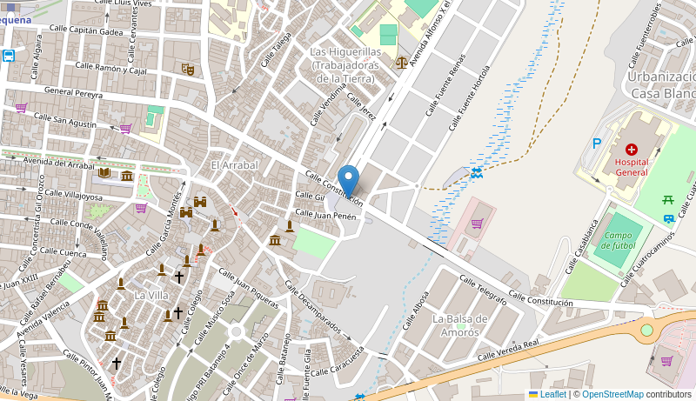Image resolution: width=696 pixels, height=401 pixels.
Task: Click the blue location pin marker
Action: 348,181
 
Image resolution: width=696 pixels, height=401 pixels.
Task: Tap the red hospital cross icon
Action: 631,150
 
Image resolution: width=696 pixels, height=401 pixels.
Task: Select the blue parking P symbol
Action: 597,144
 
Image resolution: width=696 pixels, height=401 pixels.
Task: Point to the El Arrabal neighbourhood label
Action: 234,165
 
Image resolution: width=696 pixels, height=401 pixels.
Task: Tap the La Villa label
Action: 151,295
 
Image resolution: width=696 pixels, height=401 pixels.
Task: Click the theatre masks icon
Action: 188,69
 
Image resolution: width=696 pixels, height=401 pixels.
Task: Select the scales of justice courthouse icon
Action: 401,62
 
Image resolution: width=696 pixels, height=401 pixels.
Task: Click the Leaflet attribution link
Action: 552,394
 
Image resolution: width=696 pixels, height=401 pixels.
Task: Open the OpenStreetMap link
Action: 612,394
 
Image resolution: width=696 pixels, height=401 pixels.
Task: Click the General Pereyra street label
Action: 73,91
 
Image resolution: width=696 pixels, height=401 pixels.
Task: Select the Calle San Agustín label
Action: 64,121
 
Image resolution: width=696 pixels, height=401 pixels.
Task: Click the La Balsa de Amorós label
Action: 459,325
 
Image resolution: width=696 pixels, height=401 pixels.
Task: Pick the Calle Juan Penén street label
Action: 326,213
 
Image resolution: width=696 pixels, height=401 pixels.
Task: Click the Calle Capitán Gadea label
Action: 86,30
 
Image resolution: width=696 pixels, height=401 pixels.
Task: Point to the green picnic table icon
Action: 668,201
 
